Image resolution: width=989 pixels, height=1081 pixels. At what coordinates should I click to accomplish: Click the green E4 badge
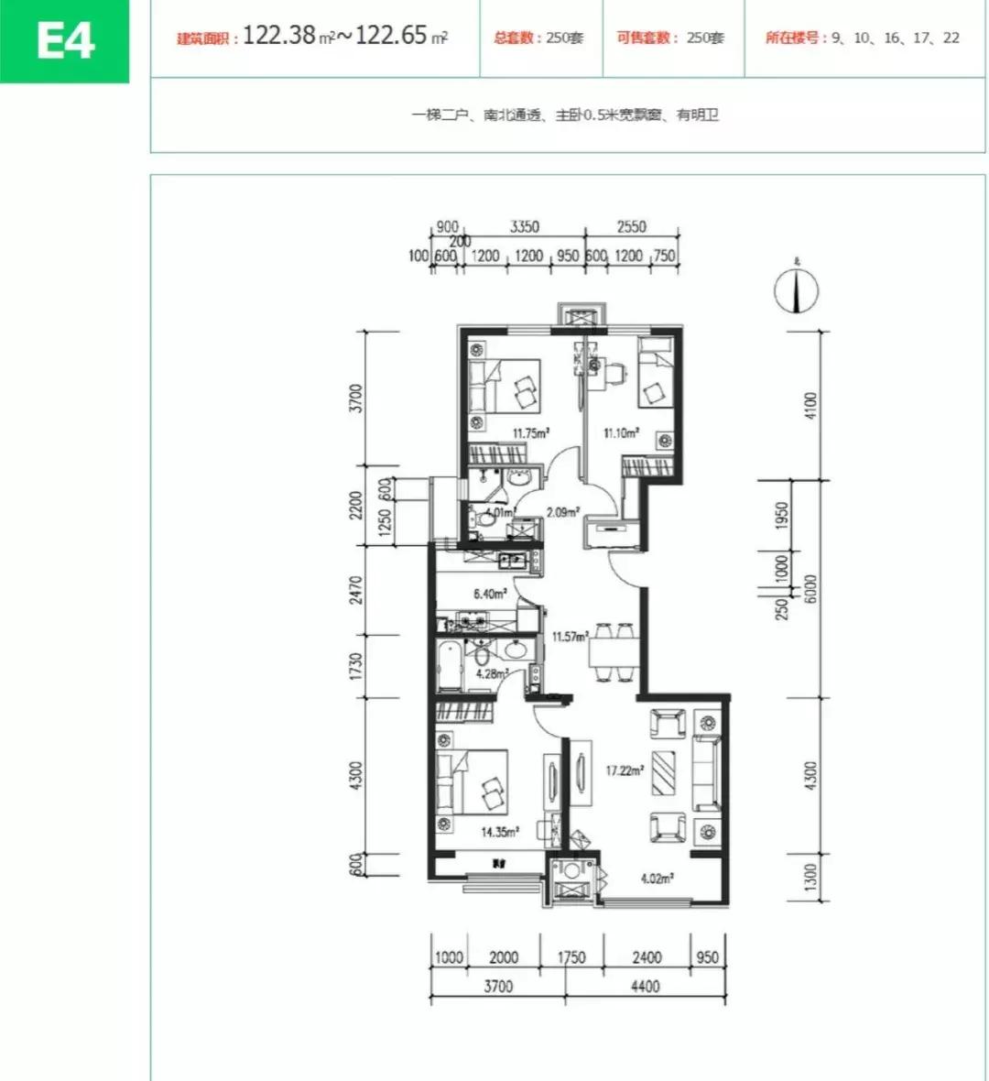65,41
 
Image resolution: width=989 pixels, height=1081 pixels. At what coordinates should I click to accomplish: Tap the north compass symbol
796,291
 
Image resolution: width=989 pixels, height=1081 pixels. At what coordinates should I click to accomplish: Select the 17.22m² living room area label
623,771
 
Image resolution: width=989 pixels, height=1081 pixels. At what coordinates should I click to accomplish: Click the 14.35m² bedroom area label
500,833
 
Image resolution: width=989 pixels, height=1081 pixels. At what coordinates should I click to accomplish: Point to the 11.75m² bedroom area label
529,433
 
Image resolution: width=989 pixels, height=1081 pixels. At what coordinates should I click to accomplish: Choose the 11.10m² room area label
620,433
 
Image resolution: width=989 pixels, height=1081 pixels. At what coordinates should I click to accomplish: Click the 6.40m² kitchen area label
490,594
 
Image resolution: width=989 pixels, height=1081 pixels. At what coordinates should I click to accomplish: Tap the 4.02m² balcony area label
657,878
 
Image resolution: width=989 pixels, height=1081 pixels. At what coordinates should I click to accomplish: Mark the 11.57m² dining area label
569,636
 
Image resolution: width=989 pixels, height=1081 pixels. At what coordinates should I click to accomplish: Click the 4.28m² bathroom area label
491,674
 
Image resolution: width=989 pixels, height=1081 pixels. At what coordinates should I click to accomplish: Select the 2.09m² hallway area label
561,513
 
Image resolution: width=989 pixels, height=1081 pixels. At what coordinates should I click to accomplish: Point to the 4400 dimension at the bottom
645,987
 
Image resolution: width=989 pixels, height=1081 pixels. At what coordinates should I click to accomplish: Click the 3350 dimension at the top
525,227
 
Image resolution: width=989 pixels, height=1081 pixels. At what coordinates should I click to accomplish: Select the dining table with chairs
613,652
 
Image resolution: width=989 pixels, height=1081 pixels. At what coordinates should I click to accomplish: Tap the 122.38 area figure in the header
279,37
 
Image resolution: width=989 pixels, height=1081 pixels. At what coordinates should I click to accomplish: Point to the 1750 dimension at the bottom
571,957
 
